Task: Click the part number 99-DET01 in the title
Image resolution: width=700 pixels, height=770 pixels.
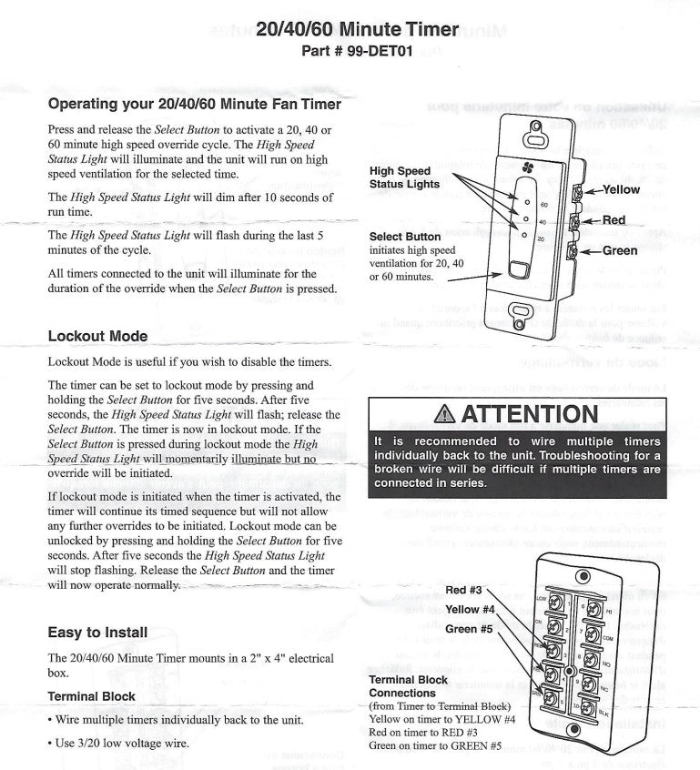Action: pos(380,51)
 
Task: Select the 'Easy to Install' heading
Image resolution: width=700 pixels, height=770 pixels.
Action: pos(97,632)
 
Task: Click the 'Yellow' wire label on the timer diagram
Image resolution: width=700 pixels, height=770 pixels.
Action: pos(621,190)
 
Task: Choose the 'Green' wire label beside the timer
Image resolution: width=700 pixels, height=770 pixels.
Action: pos(619,250)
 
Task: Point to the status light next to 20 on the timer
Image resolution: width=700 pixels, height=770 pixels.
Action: pos(526,238)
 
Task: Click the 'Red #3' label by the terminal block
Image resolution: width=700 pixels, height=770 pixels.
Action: pos(464,590)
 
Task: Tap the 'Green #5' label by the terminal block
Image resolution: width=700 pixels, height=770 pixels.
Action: pos(469,629)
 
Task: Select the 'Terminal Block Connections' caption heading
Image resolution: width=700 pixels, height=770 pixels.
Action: pos(408,686)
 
